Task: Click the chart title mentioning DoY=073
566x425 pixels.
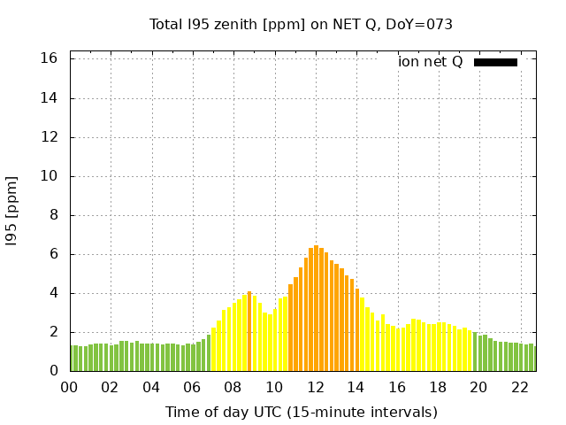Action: [301, 25]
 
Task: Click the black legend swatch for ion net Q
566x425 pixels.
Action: [495, 62]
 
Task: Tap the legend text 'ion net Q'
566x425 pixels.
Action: [431, 62]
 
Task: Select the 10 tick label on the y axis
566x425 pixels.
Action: [50, 176]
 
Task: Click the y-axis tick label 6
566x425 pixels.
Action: [53, 254]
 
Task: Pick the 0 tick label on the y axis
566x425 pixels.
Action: [53, 371]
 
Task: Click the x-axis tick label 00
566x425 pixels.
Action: [69, 387]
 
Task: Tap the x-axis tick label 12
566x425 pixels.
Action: [316, 387]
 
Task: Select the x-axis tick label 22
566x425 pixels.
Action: [520, 387]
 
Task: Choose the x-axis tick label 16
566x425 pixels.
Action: [397, 387]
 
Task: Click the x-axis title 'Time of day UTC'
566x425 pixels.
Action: [301, 413]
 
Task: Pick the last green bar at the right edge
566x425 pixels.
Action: [532, 358]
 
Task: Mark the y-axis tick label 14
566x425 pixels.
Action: [50, 98]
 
